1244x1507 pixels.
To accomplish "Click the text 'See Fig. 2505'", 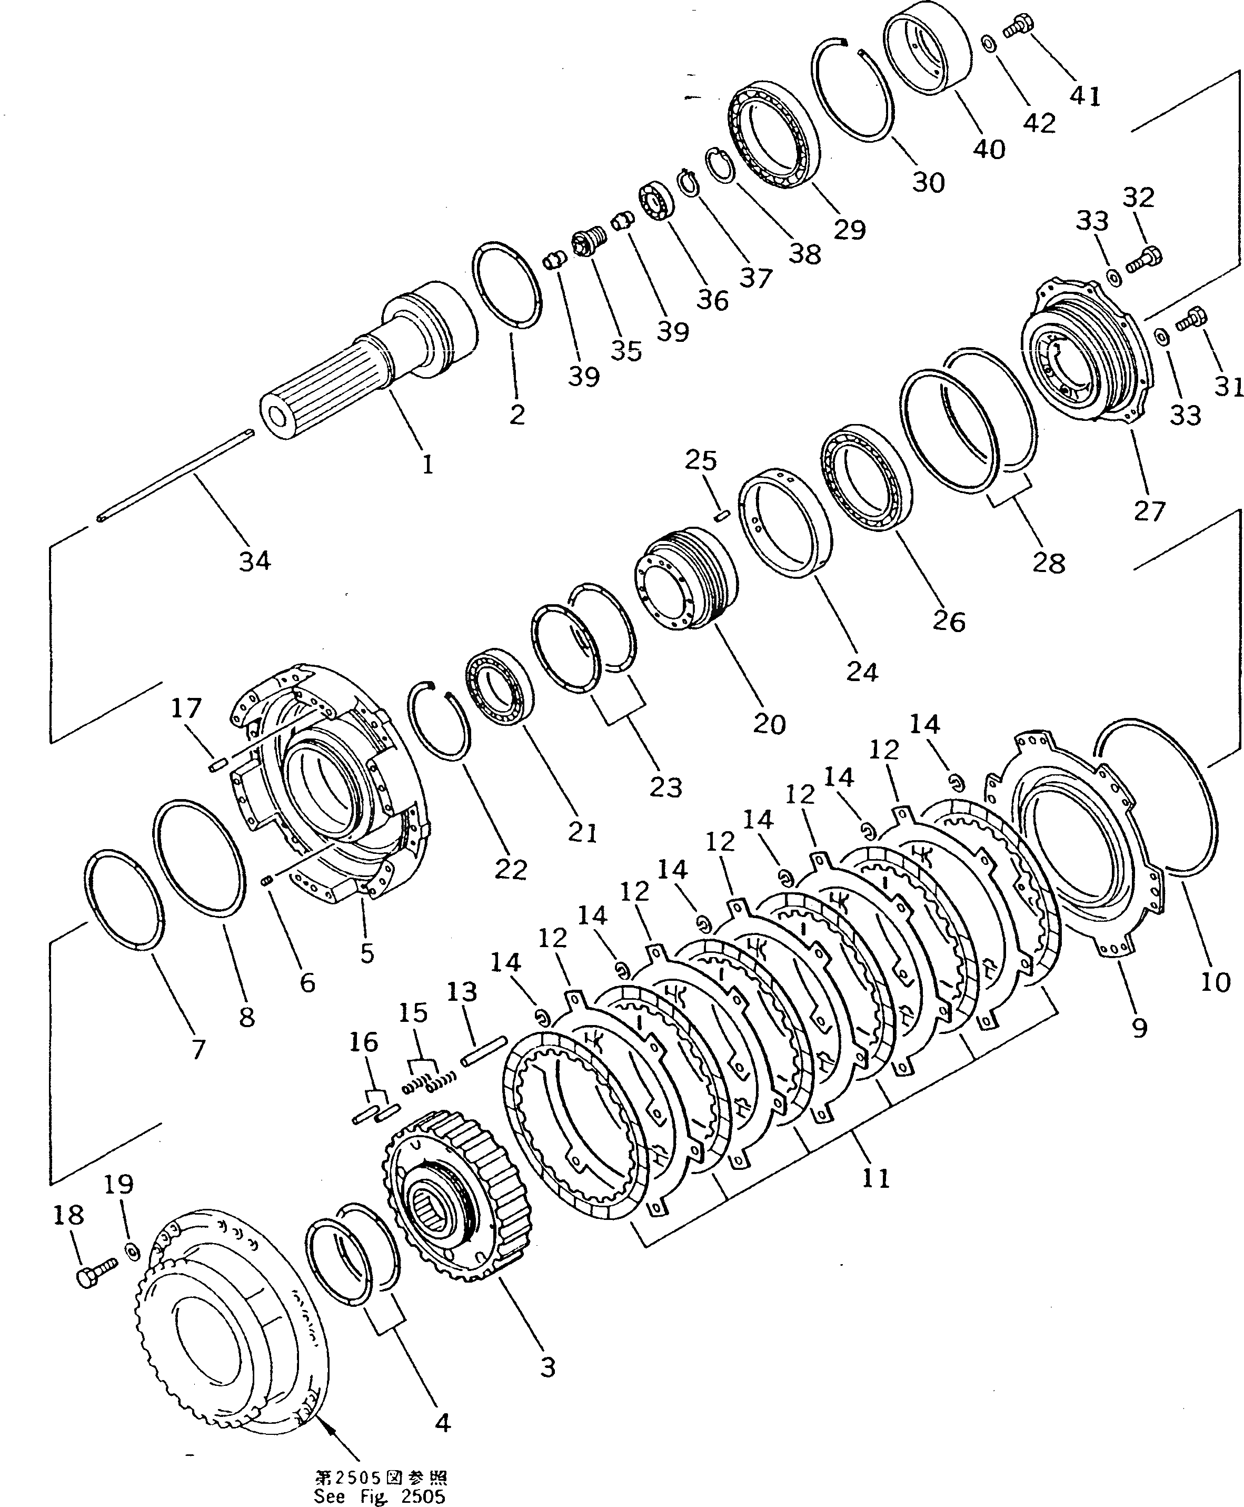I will [379, 1496].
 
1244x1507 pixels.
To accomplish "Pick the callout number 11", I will [875, 1178].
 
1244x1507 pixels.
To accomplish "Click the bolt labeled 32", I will [1145, 259].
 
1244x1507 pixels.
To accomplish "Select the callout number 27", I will [1149, 511].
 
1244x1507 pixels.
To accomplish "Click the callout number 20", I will [769, 724].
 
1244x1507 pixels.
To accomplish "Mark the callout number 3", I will [548, 1367].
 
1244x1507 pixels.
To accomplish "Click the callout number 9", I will [1139, 1027].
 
